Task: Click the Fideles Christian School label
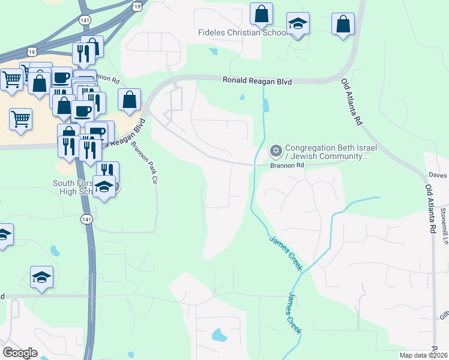click(243, 32)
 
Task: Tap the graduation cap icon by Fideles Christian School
click(298, 25)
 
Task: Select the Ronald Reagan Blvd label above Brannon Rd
click(256, 80)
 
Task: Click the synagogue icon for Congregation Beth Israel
click(276, 150)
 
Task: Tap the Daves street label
click(438, 175)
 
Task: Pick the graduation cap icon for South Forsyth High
click(104, 187)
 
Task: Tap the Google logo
click(20, 352)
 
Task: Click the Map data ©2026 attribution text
click(423, 355)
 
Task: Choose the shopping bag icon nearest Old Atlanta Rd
click(343, 25)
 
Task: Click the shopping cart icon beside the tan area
click(20, 119)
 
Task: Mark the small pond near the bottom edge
click(220, 335)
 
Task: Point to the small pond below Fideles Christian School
click(214, 52)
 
